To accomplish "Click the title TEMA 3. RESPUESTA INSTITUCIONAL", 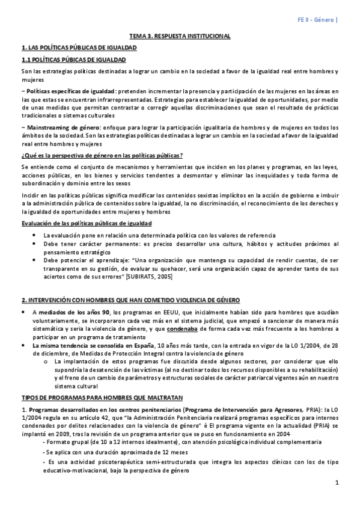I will (x=180, y=36).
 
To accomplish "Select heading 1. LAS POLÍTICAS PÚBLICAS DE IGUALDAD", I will (x=79, y=48).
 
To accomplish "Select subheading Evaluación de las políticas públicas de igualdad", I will (x=87, y=224).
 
